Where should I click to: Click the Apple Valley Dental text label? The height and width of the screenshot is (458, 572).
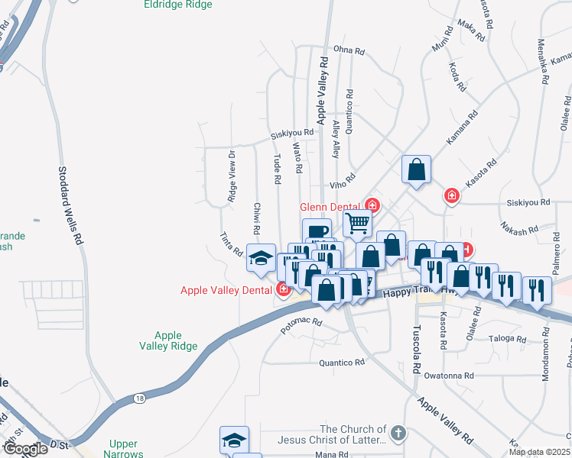click(227, 290)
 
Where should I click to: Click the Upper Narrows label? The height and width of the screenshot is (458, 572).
click(123, 449)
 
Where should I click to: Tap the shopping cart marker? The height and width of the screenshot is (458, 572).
click(357, 223)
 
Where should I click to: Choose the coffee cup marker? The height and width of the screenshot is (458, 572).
click(317, 230)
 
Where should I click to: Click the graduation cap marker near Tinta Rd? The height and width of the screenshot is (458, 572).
click(261, 256)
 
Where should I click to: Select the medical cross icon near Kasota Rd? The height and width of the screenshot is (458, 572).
click(452, 196)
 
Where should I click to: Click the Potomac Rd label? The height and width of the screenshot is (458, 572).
click(303, 324)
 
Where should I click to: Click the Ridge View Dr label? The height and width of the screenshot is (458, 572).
click(232, 176)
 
